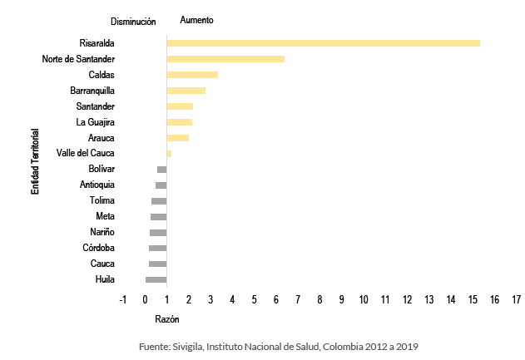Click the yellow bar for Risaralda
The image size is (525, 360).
(x=323, y=43)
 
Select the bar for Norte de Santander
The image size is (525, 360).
(x=225, y=59)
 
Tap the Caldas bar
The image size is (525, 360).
(x=192, y=75)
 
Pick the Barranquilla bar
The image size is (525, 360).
(x=186, y=91)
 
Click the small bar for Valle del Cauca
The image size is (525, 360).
(x=169, y=154)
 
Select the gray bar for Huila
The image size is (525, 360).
(x=156, y=279)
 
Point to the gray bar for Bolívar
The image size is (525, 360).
(x=161, y=170)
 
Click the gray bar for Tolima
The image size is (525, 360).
(x=159, y=201)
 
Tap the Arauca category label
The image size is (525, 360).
(x=102, y=138)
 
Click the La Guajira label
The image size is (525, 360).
(x=96, y=122)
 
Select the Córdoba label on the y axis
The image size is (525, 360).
(x=99, y=248)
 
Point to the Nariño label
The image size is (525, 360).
(x=102, y=232)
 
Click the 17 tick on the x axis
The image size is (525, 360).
(x=517, y=299)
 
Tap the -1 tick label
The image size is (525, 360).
(x=123, y=299)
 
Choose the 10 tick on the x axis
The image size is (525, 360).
(x=364, y=299)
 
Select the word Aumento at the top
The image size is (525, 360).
(x=196, y=20)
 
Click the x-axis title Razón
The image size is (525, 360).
(x=167, y=319)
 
